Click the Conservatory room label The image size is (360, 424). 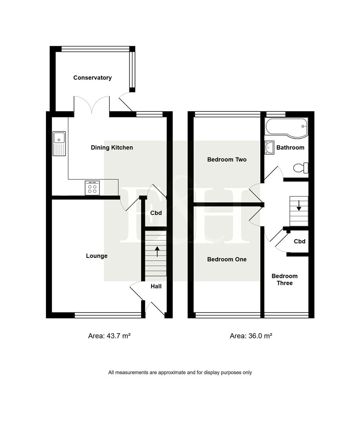pos(93,78)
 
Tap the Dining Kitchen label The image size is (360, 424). pos(112,148)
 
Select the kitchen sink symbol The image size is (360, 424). pos(59,143)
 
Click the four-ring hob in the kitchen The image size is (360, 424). pos(92,188)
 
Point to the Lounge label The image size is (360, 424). pos(96,256)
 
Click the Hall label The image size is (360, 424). pos(156,287)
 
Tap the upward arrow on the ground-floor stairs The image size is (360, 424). pos(157,251)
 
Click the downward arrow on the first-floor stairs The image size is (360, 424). pos(299,205)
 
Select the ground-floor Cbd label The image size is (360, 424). pos(156,213)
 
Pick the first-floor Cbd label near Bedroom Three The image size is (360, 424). pos(300,241)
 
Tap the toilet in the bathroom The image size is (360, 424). pos(301,168)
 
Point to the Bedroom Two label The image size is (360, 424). pos(227,160)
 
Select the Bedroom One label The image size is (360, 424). pos(227,260)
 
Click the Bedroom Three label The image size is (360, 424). pos(285,280)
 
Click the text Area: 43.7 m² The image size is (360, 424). pos(109,336)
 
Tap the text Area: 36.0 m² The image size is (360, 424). pos(251,336)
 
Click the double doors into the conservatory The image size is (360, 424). pos(91,105)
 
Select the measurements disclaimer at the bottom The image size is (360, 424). pos(180,373)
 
